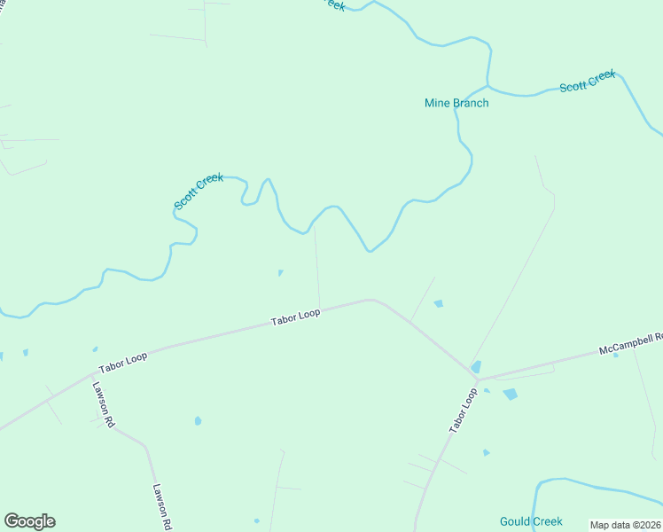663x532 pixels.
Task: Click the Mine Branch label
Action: coord(456,103)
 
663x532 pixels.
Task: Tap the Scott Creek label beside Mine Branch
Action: coord(587,82)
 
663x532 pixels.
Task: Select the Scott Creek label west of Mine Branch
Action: coord(199,192)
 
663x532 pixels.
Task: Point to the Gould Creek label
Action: coord(531,521)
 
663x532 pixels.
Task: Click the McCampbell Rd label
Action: coord(631,343)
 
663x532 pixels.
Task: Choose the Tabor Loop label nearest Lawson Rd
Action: coord(123,361)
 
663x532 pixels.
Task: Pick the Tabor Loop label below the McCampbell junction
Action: coord(463,410)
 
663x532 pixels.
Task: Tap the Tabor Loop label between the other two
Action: coord(295,317)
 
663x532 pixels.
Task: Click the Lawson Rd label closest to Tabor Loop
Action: coord(103,405)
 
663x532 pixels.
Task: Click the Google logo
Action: coord(29,521)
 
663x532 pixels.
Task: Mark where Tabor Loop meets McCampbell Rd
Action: coord(478,379)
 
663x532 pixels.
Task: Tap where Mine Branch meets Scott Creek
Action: coord(487,87)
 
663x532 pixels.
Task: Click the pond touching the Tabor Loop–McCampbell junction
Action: coord(476,367)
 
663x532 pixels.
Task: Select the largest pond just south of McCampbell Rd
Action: coord(510,394)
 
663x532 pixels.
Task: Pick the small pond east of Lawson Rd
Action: coord(198,420)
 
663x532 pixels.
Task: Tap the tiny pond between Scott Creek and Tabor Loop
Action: coord(280,272)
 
